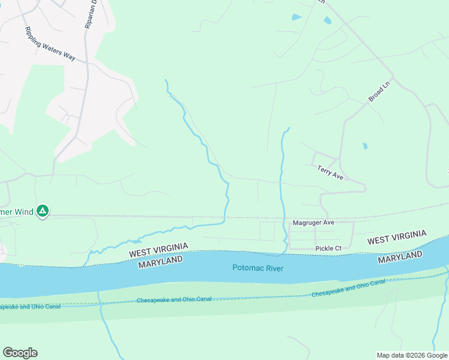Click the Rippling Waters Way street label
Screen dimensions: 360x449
(50, 44)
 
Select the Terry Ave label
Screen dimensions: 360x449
(330, 173)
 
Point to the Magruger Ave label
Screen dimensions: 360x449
(313, 223)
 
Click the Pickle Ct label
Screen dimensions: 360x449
(328, 248)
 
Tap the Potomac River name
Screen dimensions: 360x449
(258, 268)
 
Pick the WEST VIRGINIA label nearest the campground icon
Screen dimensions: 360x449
(158, 251)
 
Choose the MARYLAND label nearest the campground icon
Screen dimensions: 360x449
(160, 263)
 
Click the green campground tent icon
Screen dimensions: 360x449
(43, 211)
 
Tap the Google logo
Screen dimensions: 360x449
(20, 353)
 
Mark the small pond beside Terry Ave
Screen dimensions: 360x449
(364, 146)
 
